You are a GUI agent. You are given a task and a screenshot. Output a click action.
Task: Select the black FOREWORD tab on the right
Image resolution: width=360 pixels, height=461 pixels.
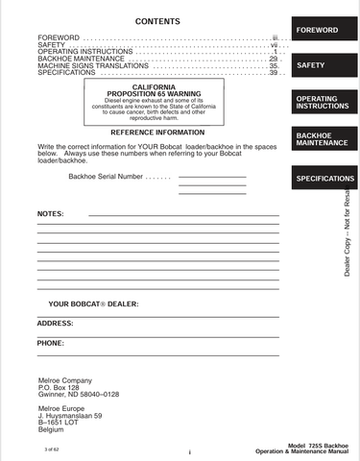point(317,31)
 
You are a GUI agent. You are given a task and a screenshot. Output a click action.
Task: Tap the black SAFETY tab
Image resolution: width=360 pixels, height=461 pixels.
point(317,65)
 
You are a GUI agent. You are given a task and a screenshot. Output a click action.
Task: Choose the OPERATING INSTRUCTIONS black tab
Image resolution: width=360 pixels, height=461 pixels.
point(317,102)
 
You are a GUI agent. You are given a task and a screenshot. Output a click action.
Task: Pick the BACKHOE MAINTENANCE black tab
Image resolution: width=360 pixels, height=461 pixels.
point(317,140)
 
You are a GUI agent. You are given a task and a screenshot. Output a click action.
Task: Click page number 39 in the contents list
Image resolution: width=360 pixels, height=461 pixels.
point(273,73)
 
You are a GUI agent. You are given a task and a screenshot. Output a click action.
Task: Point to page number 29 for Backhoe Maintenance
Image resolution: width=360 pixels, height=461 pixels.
point(273,59)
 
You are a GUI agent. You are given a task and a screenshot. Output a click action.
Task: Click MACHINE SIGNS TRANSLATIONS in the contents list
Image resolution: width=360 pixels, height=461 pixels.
point(80,65)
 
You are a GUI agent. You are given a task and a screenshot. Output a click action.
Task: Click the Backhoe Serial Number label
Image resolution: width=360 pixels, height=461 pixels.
point(106,177)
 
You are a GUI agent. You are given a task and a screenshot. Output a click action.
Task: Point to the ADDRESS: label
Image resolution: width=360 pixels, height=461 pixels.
point(55,323)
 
